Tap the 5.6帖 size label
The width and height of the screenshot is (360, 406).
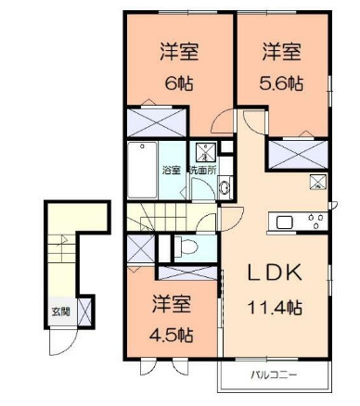(x=280, y=81)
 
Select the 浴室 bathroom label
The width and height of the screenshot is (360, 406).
(x=172, y=170)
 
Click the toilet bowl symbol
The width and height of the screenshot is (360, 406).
(x=185, y=247)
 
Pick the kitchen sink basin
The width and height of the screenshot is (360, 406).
(x=283, y=222)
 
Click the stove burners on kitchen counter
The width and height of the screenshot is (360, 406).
(x=315, y=222)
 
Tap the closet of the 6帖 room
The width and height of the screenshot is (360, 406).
(x=158, y=121)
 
